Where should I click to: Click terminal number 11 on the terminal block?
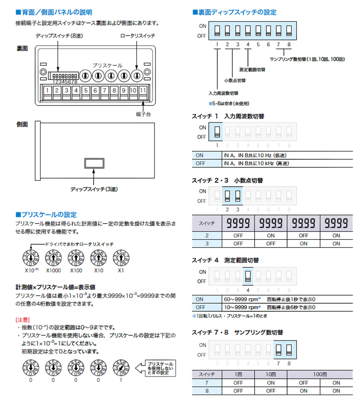[x=143, y=90]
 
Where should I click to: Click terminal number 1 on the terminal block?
[x=47, y=90]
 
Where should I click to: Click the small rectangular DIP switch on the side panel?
[x=94, y=162]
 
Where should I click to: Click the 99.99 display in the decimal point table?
[x=303, y=223]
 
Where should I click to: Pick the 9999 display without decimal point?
[x=238, y=223]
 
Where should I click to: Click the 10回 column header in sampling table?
[x=270, y=374]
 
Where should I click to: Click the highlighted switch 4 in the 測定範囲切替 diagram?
[x=247, y=275]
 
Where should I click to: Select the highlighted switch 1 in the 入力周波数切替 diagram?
[x=217, y=131]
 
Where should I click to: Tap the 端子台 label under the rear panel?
[x=144, y=115]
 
